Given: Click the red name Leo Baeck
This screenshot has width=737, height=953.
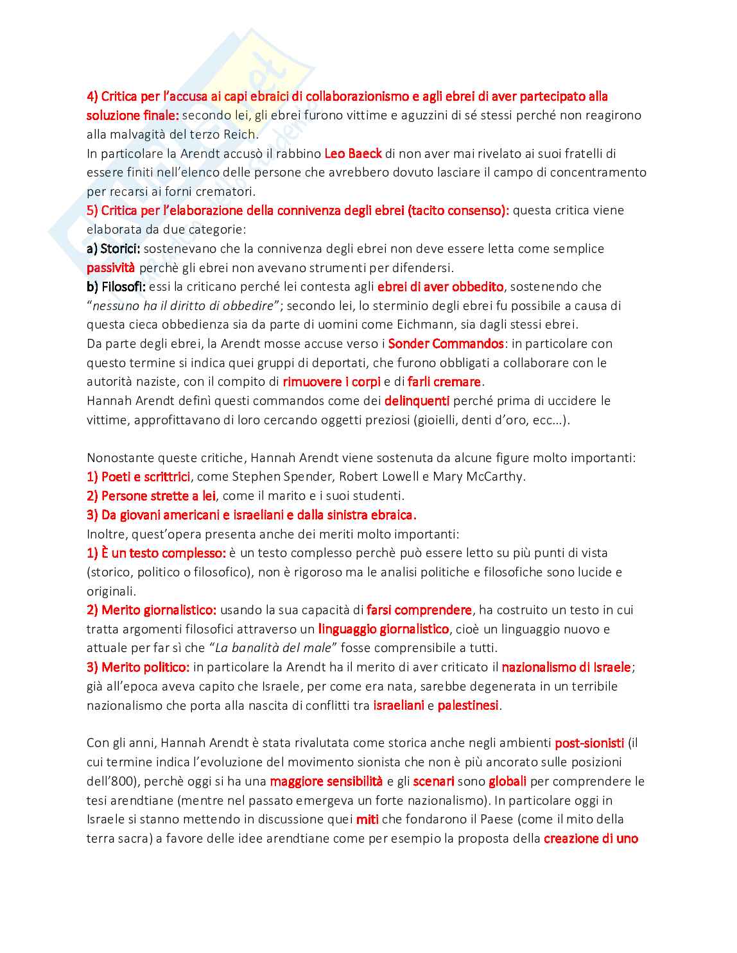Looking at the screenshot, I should (x=353, y=153).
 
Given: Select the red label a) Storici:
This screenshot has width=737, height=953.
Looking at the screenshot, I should (x=113, y=248).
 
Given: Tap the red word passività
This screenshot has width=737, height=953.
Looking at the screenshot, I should (x=110, y=268).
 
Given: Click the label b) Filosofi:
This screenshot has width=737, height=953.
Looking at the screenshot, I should (x=116, y=286).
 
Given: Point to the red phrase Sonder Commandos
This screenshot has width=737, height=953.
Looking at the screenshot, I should (x=446, y=343).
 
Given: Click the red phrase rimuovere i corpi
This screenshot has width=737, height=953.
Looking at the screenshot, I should (x=331, y=382).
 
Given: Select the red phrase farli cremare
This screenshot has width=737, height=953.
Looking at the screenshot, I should (x=444, y=382).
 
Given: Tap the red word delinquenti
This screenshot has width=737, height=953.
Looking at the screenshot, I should (x=417, y=400).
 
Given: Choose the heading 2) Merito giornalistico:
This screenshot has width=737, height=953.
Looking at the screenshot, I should (x=152, y=610).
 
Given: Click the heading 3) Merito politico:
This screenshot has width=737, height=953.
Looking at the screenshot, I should (x=138, y=667).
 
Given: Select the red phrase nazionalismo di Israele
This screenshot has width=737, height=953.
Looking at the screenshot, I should (x=566, y=667).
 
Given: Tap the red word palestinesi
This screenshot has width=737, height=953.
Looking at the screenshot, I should (x=468, y=705).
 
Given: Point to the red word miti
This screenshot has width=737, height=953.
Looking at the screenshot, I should (x=367, y=820).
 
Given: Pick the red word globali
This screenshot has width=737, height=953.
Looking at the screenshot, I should (x=507, y=781).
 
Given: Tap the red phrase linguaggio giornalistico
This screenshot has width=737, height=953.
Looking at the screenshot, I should (x=383, y=629).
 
